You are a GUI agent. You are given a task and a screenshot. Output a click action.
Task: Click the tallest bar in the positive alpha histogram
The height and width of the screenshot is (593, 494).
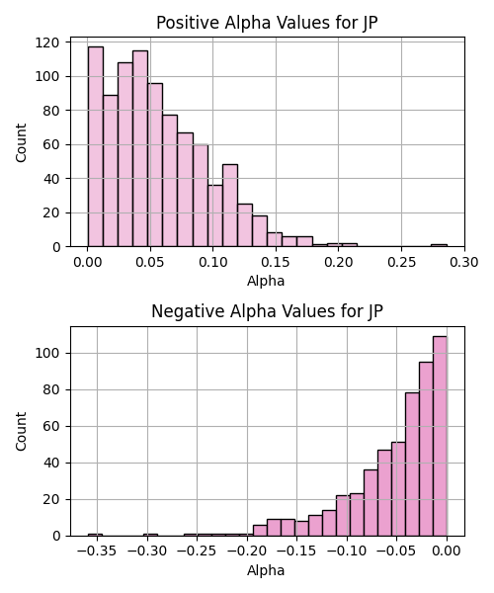coord(96,146)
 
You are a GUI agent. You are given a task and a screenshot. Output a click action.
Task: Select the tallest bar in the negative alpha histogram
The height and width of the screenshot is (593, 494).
coord(440,436)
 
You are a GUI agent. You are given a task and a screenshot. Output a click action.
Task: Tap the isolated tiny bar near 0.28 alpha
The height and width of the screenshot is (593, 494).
coord(440,245)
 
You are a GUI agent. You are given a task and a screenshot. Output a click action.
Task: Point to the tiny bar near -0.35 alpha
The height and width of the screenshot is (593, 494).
coord(95,535)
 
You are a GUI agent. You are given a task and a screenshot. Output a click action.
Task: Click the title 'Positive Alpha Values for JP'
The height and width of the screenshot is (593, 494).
coord(267,23)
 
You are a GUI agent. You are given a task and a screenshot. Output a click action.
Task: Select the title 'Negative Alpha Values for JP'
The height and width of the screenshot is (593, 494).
coord(267,311)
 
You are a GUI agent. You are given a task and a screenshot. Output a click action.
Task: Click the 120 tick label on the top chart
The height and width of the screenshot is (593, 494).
coord(47,42)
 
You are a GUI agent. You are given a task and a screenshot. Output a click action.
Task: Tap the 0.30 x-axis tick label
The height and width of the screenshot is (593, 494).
coord(464,262)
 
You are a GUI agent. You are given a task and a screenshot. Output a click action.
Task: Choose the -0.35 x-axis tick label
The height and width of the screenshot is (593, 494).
coord(97,551)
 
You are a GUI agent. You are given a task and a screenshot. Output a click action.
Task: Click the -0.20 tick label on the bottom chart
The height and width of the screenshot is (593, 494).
coord(247,551)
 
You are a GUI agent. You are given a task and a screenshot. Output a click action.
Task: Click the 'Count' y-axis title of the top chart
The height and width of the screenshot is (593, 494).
coord(21,142)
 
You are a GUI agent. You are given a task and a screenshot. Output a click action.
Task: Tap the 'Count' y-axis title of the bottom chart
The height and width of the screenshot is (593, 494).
coord(21,432)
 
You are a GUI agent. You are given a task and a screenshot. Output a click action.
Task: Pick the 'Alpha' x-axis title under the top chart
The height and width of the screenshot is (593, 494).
coord(266,281)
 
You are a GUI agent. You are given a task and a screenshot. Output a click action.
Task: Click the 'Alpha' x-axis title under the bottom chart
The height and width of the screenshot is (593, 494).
coord(266,570)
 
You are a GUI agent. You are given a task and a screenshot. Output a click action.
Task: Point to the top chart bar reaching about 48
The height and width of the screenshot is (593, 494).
coord(230,206)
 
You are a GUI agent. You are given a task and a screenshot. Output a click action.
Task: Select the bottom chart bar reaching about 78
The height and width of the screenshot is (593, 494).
coord(412,465)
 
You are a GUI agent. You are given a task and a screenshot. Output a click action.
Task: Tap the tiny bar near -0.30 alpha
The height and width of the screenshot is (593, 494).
coord(150,535)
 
